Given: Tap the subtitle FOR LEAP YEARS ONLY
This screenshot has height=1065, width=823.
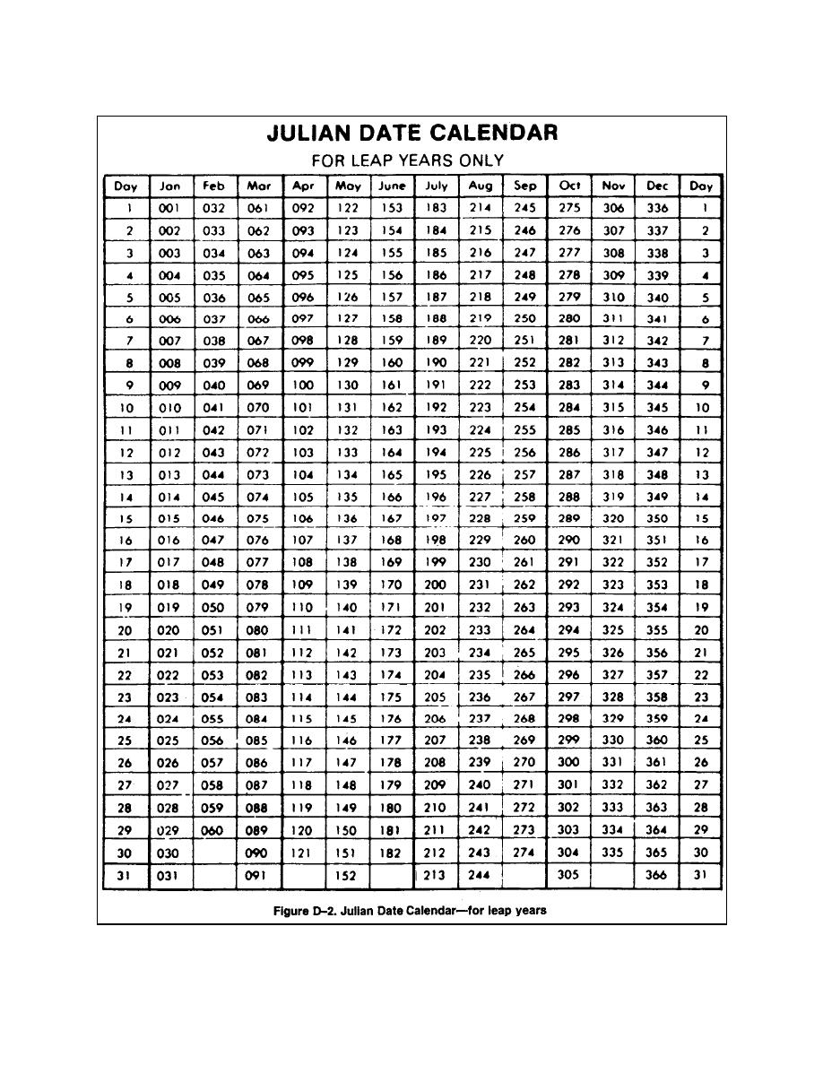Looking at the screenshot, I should [x=407, y=160].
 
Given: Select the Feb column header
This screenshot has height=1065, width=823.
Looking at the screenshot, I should [x=213, y=186].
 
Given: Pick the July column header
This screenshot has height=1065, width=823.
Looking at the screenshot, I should [x=436, y=186].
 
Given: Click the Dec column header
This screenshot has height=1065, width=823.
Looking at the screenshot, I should [x=657, y=186].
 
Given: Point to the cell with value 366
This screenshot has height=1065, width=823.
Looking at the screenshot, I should [x=657, y=875].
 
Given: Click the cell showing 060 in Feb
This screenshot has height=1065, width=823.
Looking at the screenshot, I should [x=213, y=831].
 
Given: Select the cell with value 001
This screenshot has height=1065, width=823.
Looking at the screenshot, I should [x=169, y=207].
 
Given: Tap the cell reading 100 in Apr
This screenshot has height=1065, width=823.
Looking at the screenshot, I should [x=303, y=385].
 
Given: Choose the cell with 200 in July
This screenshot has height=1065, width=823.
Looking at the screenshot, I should [x=436, y=584].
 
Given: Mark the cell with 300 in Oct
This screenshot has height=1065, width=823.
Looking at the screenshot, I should [x=569, y=762].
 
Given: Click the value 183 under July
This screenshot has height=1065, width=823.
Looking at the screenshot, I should [x=436, y=207].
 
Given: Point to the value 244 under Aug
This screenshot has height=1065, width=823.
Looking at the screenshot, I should [x=481, y=875].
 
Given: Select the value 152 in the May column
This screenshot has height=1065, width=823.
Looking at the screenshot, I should [x=347, y=875].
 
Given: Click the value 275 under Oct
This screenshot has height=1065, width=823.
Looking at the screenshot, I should [x=569, y=207].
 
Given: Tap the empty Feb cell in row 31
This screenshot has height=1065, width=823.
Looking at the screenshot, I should [x=213, y=875].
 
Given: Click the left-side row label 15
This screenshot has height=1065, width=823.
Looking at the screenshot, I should [x=126, y=518].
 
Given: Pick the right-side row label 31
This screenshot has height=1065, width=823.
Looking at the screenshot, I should [x=702, y=875].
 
